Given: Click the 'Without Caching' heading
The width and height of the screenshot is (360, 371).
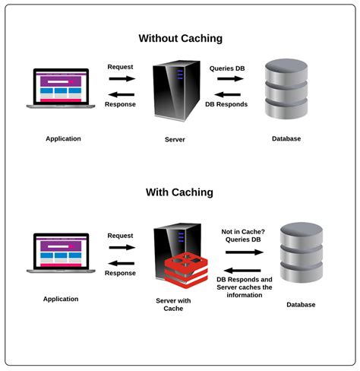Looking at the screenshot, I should pyautogui.click(x=179, y=38).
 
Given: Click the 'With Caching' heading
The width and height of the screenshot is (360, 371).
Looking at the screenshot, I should pyautogui.click(x=179, y=192).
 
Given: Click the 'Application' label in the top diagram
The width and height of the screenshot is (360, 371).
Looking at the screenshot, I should pyautogui.click(x=63, y=138).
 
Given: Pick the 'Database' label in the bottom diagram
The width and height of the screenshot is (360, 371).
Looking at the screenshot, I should pyautogui.click(x=301, y=304).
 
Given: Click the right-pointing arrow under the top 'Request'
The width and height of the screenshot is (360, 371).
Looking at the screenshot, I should pyautogui.click(x=121, y=78).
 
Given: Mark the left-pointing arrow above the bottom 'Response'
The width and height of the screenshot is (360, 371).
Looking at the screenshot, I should pyautogui.click(x=121, y=262).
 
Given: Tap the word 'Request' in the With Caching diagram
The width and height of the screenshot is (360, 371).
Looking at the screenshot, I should pyautogui.click(x=121, y=236).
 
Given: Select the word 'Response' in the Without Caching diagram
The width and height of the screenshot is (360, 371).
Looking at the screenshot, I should pyautogui.click(x=120, y=104).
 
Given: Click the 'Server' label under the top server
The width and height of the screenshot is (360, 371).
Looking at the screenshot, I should pyautogui.click(x=175, y=140).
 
